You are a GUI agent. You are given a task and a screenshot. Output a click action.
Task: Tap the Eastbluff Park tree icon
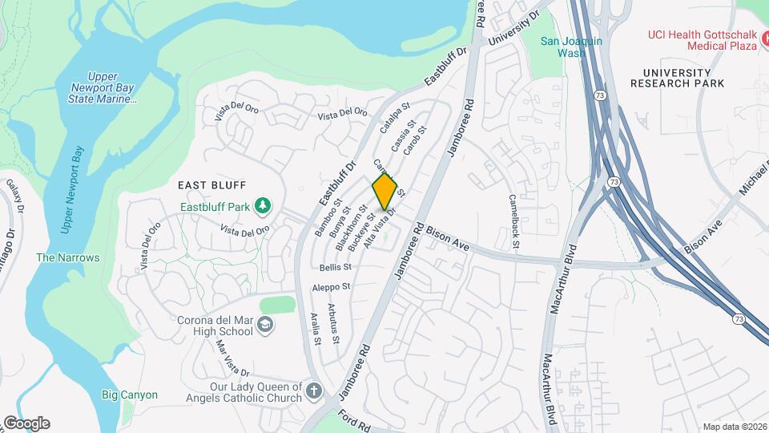(x=262, y=207)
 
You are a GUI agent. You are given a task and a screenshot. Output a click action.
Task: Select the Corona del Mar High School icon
(x=265, y=325)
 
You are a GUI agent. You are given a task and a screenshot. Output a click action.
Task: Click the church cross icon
(x=313, y=392)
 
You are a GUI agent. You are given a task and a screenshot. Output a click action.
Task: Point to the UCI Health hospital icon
(x=763, y=37)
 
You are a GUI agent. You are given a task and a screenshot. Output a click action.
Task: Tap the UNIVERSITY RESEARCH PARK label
(x=677, y=77)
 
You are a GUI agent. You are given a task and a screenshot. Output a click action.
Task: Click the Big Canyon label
(x=130, y=395)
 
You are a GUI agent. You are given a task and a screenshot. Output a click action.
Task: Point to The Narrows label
(x=68, y=257)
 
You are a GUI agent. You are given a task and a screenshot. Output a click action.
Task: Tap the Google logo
(x=26, y=423)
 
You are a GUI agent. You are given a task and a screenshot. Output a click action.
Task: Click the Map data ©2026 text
(x=734, y=427)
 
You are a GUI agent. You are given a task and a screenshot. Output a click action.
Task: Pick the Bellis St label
(x=335, y=267)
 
